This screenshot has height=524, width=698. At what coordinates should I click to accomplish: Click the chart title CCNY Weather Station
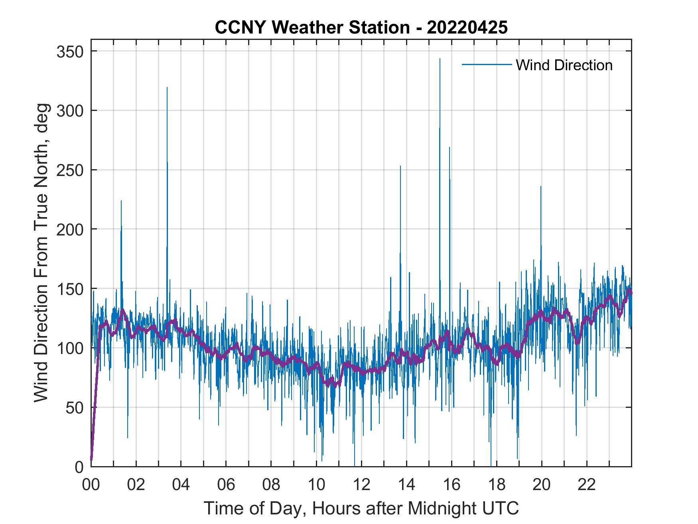click(312, 28)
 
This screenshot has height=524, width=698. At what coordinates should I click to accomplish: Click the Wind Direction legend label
click(564, 65)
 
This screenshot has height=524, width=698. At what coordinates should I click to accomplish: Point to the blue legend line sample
click(487, 65)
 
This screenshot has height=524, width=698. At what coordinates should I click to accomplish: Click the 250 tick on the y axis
click(70, 170)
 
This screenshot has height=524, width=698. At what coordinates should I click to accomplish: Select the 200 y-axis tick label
click(70, 229)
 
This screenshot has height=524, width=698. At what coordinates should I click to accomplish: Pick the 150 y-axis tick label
click(70, 289)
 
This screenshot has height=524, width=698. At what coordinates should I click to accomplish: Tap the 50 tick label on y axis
click(75, 407)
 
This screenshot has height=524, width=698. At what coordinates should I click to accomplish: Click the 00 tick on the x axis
click(91, 485)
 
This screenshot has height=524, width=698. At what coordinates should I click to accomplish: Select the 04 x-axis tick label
click(181, 485)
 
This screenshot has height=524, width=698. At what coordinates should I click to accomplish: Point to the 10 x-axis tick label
click(316, 485)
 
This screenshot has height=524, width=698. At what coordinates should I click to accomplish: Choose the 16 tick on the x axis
click(452, 485)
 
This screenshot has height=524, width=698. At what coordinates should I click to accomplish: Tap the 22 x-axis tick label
click(587, 485)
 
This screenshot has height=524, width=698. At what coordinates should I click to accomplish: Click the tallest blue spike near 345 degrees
click(440, 59)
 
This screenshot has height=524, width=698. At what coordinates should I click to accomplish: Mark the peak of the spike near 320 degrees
click(167, 88)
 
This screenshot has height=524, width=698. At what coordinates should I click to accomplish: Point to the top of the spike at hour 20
click(541, 187)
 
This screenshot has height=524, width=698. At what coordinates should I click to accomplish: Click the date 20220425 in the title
click(467, 28)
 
